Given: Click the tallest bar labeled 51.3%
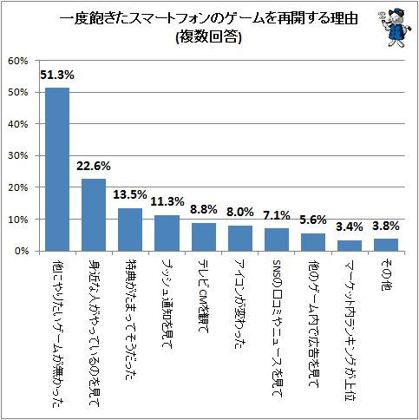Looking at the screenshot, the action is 57,169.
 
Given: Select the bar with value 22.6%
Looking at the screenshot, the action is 94,215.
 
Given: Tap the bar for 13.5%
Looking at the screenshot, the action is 130,230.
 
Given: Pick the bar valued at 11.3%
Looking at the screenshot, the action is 167,233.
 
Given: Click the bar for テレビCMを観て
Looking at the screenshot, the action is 204,237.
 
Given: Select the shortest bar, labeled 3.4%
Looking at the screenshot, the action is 350,246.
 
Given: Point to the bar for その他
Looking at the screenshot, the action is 386,245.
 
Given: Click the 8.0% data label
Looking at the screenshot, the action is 240,212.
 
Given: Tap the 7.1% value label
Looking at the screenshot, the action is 277,215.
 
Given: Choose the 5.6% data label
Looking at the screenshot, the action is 313,220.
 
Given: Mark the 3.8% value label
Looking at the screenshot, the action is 386,226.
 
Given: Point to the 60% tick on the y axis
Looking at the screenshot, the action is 18,61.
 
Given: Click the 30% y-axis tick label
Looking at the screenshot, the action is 18,156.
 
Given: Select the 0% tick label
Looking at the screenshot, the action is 22,251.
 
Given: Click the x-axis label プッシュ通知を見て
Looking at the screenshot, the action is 167,304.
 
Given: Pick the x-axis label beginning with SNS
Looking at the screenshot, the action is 277,328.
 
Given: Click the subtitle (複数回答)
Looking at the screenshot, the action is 208,37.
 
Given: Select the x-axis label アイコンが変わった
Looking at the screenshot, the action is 240,304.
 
